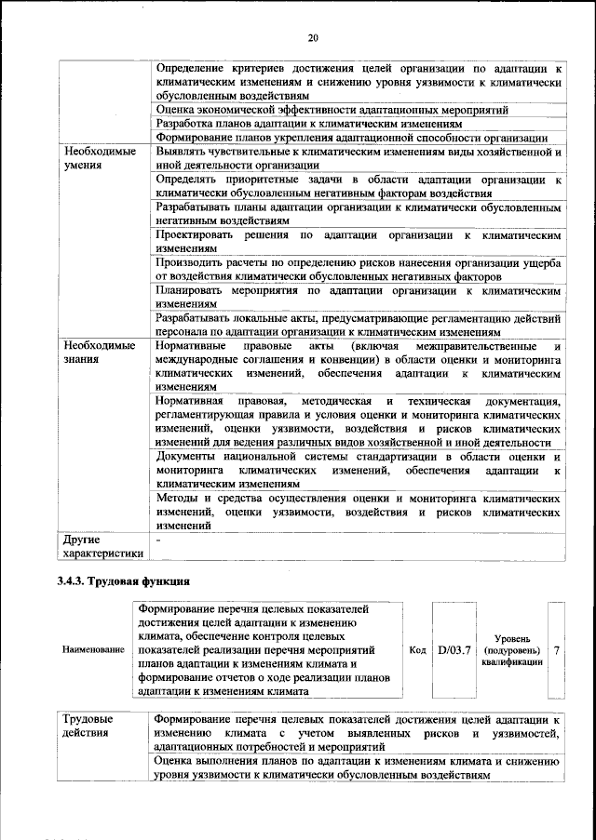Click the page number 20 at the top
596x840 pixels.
click(313, 37)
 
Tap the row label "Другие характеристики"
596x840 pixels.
click(102, 546)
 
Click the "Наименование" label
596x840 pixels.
click(93, 649)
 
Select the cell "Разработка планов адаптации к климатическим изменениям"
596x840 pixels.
click(307, 123)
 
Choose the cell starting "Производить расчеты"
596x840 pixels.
click(358, 270)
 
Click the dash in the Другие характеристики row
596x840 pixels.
click(159, 540)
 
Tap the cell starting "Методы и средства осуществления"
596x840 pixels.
click(358, 512)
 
